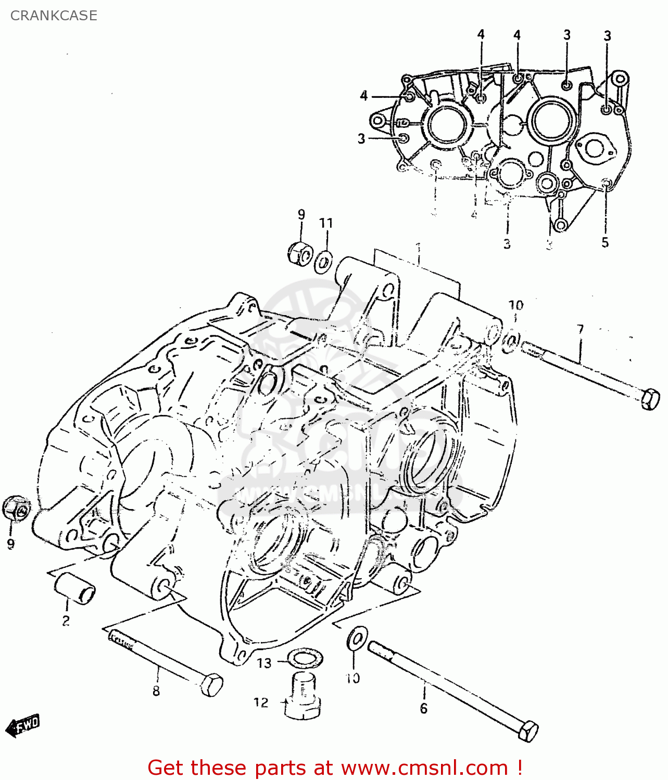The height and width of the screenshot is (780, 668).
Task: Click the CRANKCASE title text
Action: (x=54, y=16)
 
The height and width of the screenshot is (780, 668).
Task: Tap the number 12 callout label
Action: (x=261, y=703)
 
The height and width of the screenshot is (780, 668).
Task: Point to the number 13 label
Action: (x=264, y=663)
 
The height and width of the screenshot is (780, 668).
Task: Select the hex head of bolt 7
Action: (x=650, y=399)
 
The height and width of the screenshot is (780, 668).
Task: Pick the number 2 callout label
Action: (x=66, y=620)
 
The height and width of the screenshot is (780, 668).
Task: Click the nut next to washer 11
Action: (x=299, y=253)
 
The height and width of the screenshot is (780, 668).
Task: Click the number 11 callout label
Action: (x=326, y=223)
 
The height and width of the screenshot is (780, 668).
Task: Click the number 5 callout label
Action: (x=605, y=242)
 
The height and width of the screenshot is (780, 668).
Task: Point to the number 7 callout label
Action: (x=580, y=330)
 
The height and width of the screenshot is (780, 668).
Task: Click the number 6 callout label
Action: (x=423, y=708)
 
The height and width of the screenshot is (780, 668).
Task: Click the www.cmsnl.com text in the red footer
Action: (x=424, y=768)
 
